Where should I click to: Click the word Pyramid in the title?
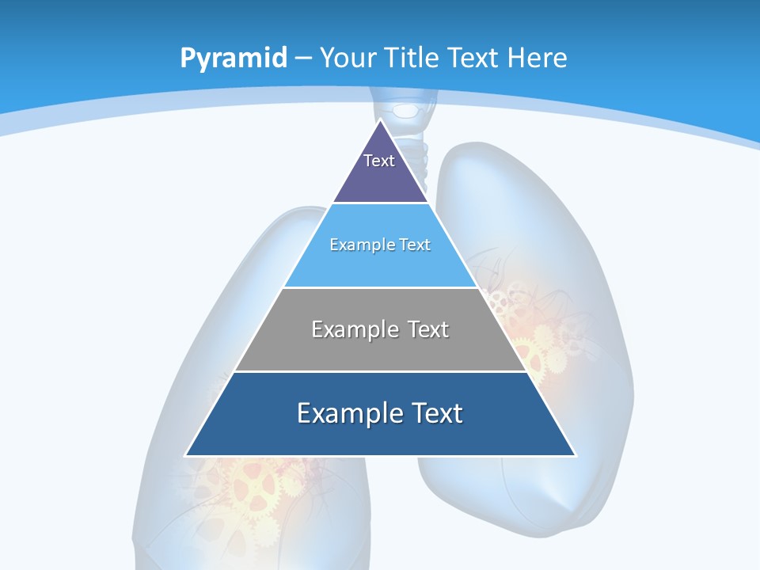coord(233,59)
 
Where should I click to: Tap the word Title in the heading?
coord(413,59)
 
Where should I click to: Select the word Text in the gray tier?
coord(427,329)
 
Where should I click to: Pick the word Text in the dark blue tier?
coord(437,413)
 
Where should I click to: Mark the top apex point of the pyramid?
coord(381,120)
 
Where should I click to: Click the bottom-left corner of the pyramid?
coord(186,455)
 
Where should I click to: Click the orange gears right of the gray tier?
coord(538,340)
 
